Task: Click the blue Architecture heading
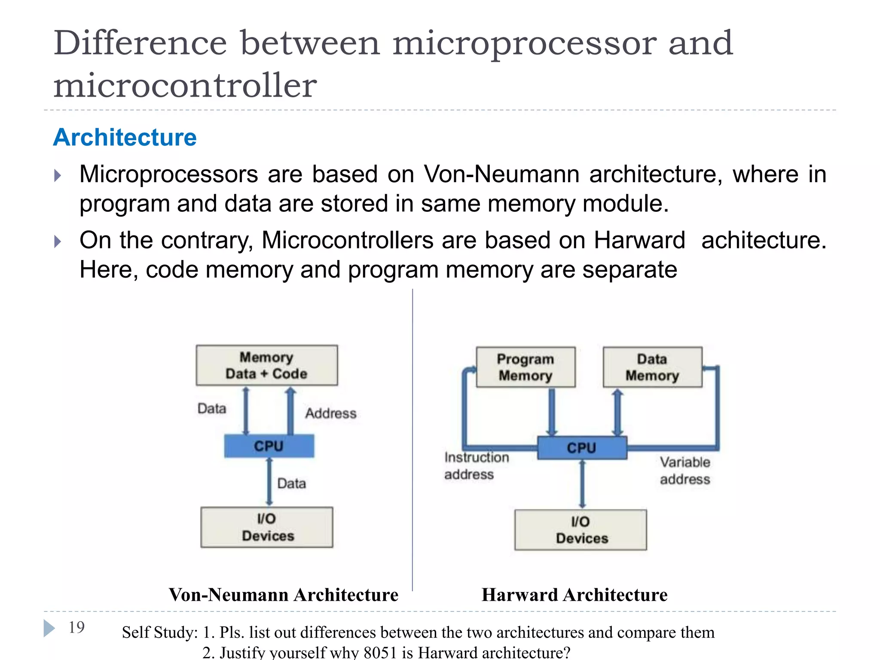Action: pos(125,138)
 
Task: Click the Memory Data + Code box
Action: pos(266,365)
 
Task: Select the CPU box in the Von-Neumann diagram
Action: pos(269,446)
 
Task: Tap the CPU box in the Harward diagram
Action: pos(582,448)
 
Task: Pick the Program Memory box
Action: pos(526,367)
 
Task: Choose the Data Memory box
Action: pos(652,367)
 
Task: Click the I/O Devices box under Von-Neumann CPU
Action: pos(267,527)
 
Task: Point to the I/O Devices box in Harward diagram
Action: pos(581,530)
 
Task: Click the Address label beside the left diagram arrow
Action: pos(331,413)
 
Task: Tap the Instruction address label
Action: pos(476,466)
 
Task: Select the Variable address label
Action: pos(685,471)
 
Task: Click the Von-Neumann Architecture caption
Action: pos(284,595)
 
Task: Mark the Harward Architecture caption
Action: pos(574,595)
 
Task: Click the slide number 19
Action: pos(76,627)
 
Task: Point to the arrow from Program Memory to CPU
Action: pos(552,412)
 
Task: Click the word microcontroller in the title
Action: pos(185,85)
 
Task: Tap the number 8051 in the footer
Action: pos(380,652)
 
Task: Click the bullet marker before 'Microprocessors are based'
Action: pos(58,175)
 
